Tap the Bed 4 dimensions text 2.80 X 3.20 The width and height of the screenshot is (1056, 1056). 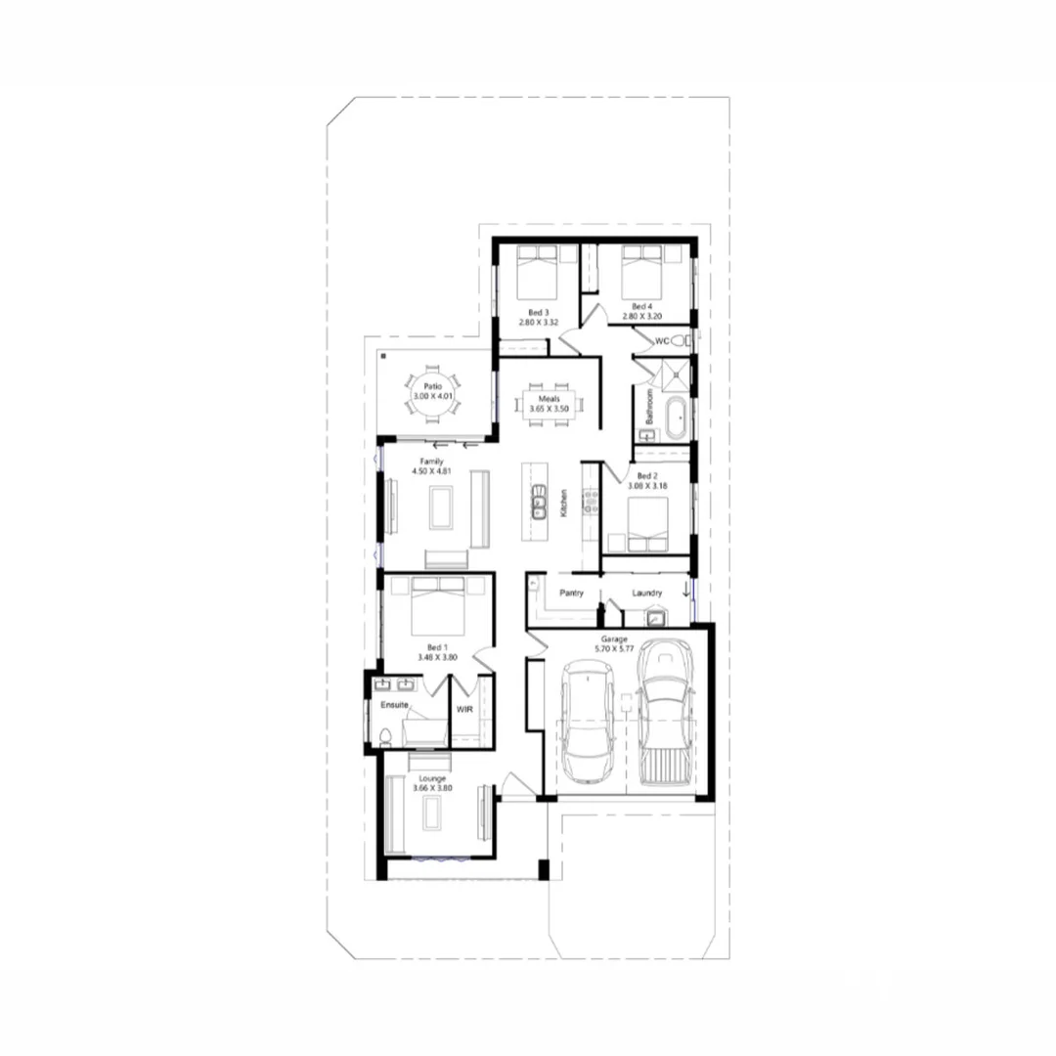point(642,317)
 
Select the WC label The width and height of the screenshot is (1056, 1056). point(662,341)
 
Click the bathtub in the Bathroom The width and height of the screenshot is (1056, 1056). point(674,418)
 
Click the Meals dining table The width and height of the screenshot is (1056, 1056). point(549,404)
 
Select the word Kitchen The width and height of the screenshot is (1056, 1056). point(564,503)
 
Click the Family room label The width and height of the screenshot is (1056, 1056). point(432,461)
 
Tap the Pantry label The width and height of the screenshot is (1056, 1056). point(571,593)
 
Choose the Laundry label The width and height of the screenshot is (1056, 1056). point(647,593)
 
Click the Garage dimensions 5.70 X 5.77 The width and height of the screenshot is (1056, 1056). point(621,648)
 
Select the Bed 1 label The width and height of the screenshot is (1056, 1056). point(437,646)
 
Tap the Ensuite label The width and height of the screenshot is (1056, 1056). point(394,704)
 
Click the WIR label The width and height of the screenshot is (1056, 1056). point(464,709)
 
